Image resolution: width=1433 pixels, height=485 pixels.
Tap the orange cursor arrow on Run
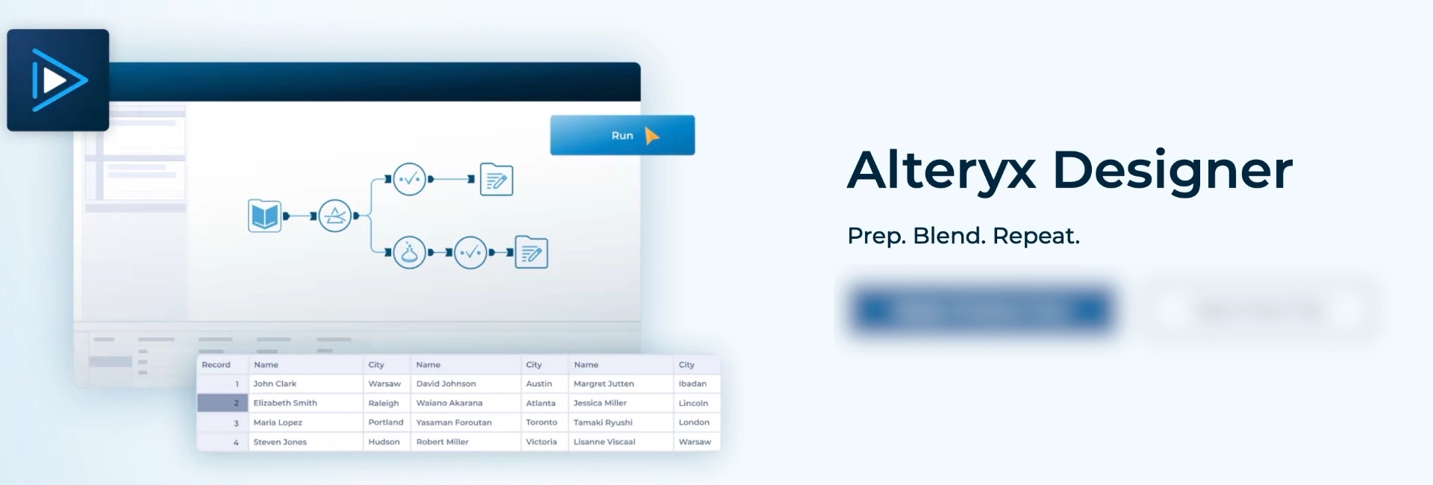[652, 137]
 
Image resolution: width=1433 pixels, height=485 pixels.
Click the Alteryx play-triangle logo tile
[58, 81]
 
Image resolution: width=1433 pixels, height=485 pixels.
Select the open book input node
[264, 216]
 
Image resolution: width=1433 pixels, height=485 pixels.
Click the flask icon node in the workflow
[409, 253]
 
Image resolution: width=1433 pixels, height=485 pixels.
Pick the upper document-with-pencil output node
[496, 179]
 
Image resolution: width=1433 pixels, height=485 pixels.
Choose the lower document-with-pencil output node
[531, 253]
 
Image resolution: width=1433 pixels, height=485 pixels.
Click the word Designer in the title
[1172, 170]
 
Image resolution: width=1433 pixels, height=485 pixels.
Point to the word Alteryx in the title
[942, 170]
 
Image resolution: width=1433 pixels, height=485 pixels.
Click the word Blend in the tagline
[946, 236]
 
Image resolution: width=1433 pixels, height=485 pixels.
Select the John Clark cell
[275, 384]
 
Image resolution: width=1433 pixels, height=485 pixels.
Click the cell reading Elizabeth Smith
[285, 403]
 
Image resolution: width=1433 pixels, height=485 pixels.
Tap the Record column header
[216, 365]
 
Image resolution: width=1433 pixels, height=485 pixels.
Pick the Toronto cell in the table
[541, 422]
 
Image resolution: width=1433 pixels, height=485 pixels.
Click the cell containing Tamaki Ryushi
[602, 422]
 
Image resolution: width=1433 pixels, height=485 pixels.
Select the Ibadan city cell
[692, 384]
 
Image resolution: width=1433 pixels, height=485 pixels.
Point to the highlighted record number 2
[222, 403]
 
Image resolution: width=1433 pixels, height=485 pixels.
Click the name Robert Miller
[442, 442]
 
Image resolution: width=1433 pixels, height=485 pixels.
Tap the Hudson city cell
[384, 442]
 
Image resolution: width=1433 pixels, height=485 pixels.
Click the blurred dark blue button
[981, 310]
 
